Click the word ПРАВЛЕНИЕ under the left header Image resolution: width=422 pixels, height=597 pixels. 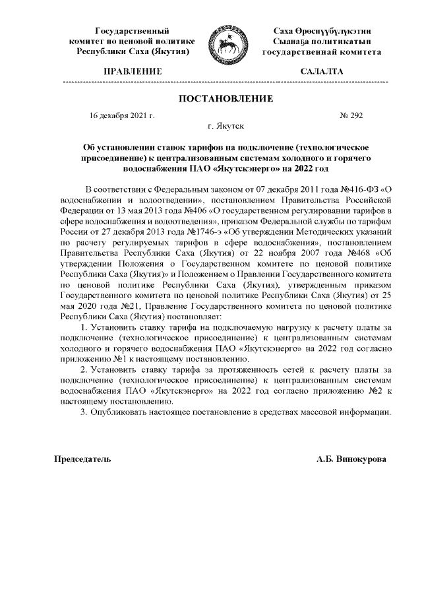click(x=134, y=70)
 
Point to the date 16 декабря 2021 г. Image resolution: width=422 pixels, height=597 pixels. click(x=121, y=115)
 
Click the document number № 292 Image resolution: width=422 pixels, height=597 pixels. click(x=351, y=115)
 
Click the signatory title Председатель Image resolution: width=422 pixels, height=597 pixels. click(x=82, y=458)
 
